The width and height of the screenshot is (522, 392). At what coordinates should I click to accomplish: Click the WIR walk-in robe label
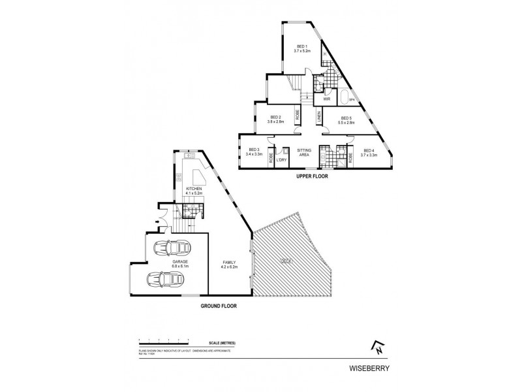coord(326,99)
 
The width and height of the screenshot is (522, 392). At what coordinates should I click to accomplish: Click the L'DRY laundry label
coord(282,160)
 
